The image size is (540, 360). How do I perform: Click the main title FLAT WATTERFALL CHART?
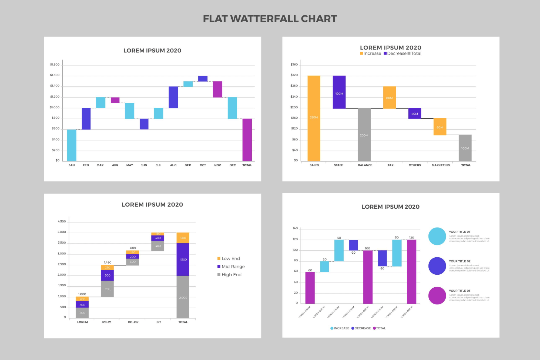pos(270,19)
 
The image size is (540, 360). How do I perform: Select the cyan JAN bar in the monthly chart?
pos(72,145)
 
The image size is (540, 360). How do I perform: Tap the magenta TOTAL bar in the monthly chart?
pos(247,140)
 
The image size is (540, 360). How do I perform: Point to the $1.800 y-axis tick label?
pos(55,65)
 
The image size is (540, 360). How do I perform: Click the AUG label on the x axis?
pos(173,165)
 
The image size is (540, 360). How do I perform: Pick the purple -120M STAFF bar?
pos(339,92)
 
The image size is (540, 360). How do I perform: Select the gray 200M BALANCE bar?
pos(364,134)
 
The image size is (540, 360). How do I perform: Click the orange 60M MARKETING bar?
pos(440,127)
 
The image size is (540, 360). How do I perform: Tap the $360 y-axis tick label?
pos(294,65)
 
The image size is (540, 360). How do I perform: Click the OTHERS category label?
pos(415,165)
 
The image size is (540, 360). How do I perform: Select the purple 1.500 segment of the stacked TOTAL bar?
pos(183,259)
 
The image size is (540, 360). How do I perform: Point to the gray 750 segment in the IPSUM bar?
pos(107,289)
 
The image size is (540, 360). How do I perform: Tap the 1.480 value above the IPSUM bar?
pos(108,263)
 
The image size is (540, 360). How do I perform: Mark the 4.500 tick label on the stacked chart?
pos(62,221)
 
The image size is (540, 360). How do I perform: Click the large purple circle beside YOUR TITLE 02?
pos(437,266)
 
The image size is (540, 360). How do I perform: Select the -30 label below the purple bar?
pos(382,268)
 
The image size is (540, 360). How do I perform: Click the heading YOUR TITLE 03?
pos(459,291)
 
